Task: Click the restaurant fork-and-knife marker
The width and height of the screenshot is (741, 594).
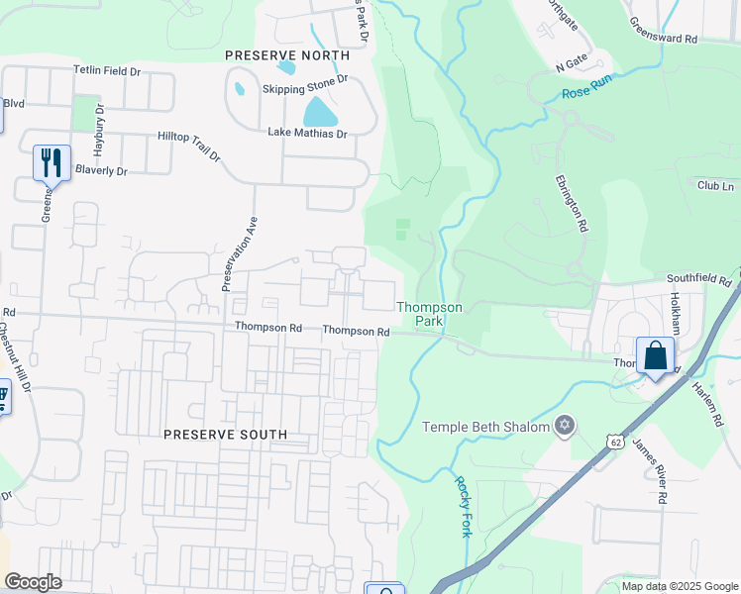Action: click(x=52, y=162)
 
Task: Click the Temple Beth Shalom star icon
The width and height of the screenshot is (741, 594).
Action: click(x=566, y=426)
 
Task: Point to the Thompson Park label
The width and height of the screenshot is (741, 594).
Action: click(x=429, y=315)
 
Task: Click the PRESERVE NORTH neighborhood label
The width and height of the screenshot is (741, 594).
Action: click(x=287, y=55)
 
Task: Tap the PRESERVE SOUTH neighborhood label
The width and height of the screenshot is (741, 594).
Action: click(x=225, y=435)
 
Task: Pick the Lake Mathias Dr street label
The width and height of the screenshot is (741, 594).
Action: click(x=307, y=133)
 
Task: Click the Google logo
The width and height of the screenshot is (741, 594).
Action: click(x=33, y=582)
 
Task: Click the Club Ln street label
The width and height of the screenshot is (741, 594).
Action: click(x=715, y=186)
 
